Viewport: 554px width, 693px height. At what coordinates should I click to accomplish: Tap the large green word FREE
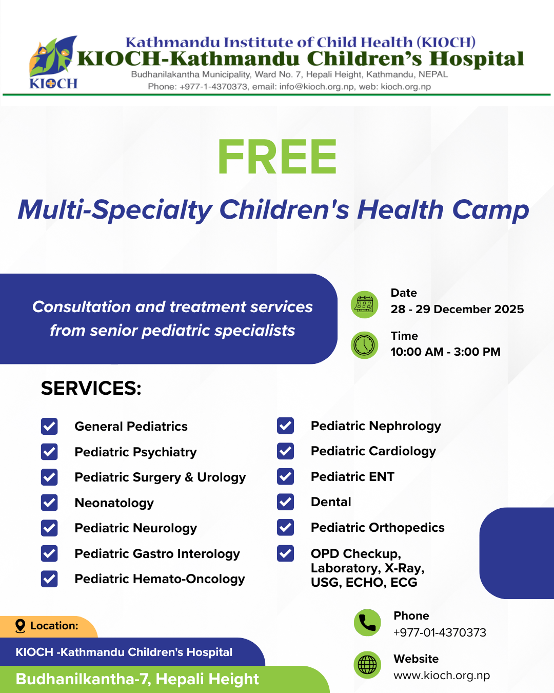(277, 157)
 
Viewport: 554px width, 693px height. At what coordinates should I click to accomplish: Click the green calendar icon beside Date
(364, 304)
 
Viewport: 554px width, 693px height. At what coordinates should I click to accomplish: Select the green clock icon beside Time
(364, 345)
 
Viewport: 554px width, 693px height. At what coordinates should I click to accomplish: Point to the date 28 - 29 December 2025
(457, 309)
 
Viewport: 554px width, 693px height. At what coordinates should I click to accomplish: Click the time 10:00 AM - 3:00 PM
(446, 352)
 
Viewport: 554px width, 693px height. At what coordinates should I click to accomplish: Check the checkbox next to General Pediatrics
(49, 427)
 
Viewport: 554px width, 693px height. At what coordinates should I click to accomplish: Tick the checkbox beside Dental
(285, 502)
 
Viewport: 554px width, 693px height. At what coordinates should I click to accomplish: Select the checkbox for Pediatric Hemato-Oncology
(49, 579)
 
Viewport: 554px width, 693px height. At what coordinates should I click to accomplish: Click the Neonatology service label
(114, 503)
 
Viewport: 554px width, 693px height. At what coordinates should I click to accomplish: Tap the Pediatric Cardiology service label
(373, 452)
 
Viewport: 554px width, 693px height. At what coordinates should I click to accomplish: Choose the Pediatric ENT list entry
(352, 476)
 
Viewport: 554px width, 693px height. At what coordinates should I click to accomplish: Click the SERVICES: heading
(91, 388)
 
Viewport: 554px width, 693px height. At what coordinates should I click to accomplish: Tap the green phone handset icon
(367, 623)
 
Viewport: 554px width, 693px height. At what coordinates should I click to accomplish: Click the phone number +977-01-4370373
(440, 632)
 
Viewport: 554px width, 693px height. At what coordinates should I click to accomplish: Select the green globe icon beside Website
(367, 665)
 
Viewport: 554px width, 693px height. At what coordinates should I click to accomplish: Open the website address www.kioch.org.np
(442, 675)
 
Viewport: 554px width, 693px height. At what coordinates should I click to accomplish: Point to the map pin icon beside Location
(21, 626)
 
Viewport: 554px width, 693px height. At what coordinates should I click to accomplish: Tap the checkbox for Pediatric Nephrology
(285, 426)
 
